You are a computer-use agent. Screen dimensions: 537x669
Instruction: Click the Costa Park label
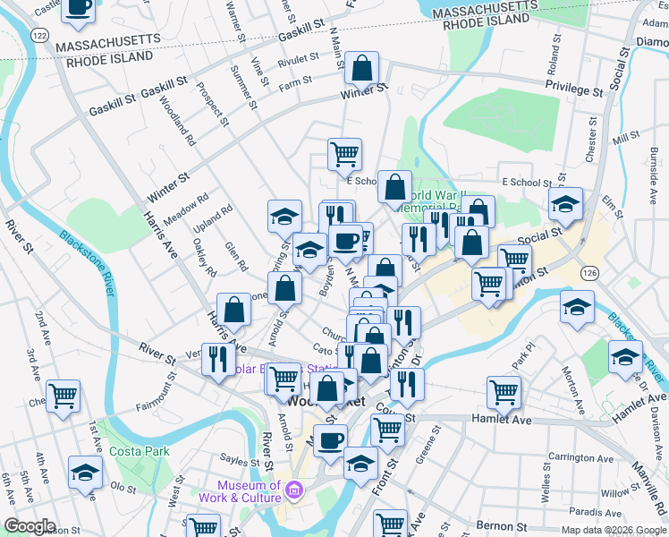[140, 451]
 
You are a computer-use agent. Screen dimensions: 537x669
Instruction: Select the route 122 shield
[38, 34]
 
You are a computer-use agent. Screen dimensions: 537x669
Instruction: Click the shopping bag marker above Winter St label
[362, 67]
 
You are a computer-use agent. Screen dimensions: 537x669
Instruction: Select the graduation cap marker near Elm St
[565, 203]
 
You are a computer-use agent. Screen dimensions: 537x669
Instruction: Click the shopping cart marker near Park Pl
[504, 391]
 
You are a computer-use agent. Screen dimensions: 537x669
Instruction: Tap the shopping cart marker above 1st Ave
[63, 395]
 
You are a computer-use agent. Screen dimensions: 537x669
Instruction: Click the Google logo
[30, 526]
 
